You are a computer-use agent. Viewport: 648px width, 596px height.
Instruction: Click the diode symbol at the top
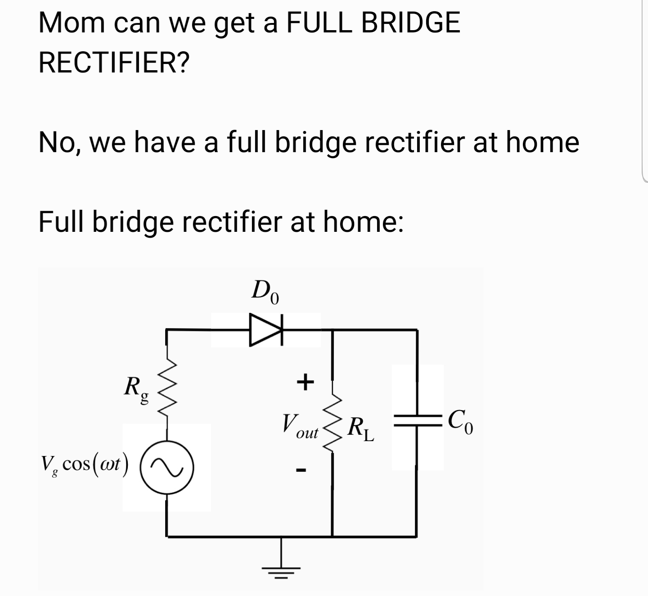click(266, 330)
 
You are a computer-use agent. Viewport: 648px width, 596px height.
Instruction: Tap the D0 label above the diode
click(265, 292)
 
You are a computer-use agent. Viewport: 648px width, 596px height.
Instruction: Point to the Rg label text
click(136, 390)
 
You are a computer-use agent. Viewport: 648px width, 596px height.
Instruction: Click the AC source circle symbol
click(167, 468)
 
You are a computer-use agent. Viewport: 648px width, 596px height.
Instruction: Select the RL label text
click(361, 429)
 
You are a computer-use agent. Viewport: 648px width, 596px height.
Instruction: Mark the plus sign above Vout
click(305, 382)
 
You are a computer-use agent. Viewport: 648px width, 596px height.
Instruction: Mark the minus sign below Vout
click(301, 471)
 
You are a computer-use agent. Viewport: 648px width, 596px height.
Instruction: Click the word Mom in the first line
click(72, 23)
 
